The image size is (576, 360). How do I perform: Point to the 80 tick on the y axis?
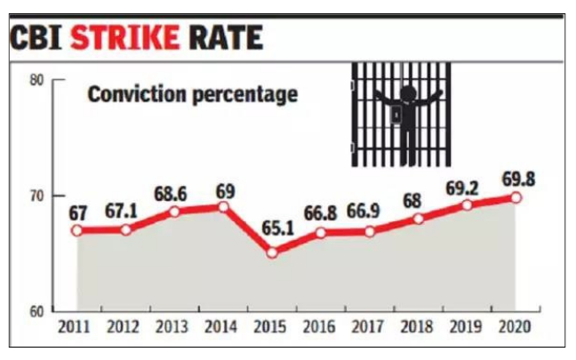(38, 80)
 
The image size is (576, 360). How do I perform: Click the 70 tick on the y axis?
(38, 196)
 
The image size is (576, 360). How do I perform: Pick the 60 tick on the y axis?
(38, 312)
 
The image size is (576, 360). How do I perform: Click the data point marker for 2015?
(271, 252)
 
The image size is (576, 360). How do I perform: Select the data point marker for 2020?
(515, 197)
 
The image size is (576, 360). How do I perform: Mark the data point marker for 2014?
(223, 207)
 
